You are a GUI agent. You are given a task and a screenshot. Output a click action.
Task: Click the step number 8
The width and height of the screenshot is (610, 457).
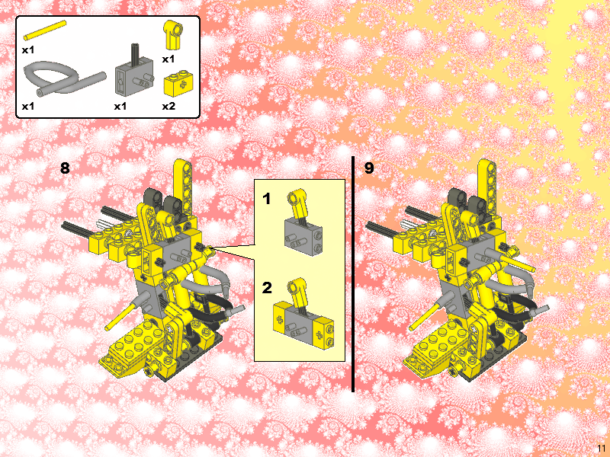click(x=66, y=168)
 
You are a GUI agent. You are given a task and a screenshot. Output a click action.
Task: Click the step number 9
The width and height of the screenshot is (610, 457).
click(x=369, y=168)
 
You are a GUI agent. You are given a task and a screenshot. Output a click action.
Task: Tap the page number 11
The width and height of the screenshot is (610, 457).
click(x=602, y=447)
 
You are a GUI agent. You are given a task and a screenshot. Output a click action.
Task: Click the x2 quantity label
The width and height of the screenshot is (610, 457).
click(x=169, y=106)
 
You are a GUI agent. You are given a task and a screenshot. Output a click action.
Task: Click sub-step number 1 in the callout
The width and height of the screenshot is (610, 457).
click(x=267, y=200)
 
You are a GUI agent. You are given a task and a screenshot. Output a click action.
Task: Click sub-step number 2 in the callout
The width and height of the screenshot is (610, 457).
click(x=267, y=288)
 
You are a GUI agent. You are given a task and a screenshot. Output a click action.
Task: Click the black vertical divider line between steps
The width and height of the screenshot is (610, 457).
click(x=353, y=274)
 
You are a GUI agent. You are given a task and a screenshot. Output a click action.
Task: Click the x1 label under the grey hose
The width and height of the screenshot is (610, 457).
click(x=28, y=106)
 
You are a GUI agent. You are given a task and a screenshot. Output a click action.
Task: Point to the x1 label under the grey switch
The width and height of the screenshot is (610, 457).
click(x=120, y=106)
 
